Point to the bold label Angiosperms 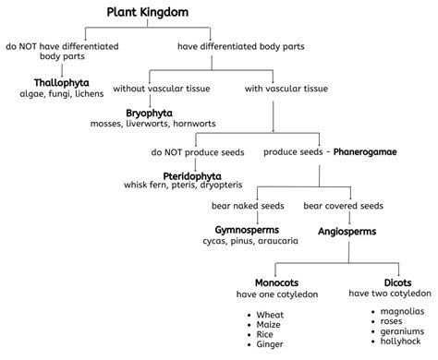click(x=347, y=231)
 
